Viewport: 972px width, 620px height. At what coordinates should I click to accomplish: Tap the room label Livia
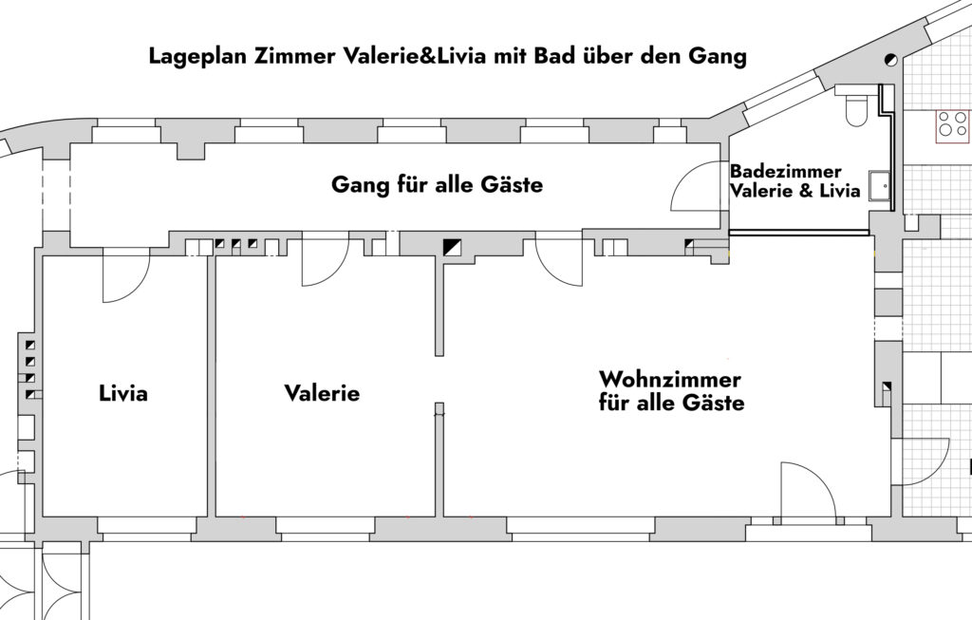tap(123, 392)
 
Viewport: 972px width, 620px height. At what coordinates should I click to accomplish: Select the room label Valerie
tap(322, 392)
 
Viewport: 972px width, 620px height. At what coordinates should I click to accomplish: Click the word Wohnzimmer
tap(669, 380)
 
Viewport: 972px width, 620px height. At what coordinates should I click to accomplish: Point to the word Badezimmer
tap(773, 172)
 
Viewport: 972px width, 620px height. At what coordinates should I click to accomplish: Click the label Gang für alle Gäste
tap(437, 184)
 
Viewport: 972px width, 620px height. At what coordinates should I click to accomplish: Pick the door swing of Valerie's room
tap(323, 266)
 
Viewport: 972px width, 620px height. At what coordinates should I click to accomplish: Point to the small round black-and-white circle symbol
tap(891, 59)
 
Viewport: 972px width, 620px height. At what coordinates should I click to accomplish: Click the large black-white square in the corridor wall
tap(453, 247)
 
